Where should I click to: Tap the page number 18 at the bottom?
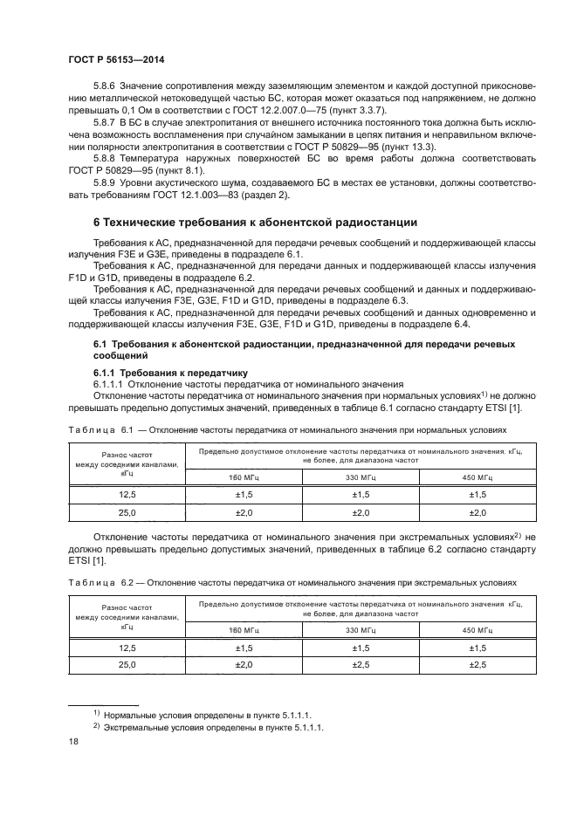point(73,741)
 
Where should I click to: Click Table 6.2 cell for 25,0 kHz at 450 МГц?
point(477,665)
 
